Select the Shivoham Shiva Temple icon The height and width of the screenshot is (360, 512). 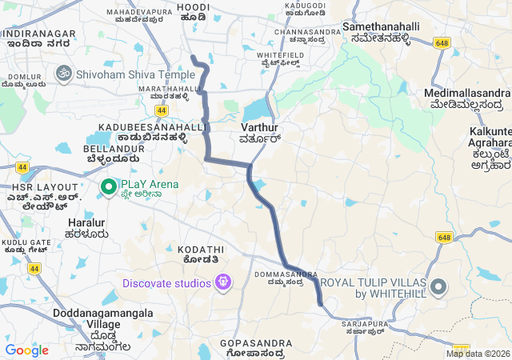tap(63, 74)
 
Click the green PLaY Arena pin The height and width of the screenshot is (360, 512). tap(108, 186)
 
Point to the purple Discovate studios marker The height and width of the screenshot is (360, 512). tap(223, 282)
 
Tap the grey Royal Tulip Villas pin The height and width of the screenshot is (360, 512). tap(438, 287)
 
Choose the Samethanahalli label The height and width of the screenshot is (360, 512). tap(381, 27)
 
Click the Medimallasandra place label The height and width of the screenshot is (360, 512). tap(467, 94)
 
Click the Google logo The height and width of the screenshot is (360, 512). tap(26, 350)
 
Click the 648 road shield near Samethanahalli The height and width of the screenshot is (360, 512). tap(442, 42)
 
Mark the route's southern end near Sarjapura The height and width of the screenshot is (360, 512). tap(320, 303)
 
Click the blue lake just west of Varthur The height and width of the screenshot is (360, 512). tap(255, 109)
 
